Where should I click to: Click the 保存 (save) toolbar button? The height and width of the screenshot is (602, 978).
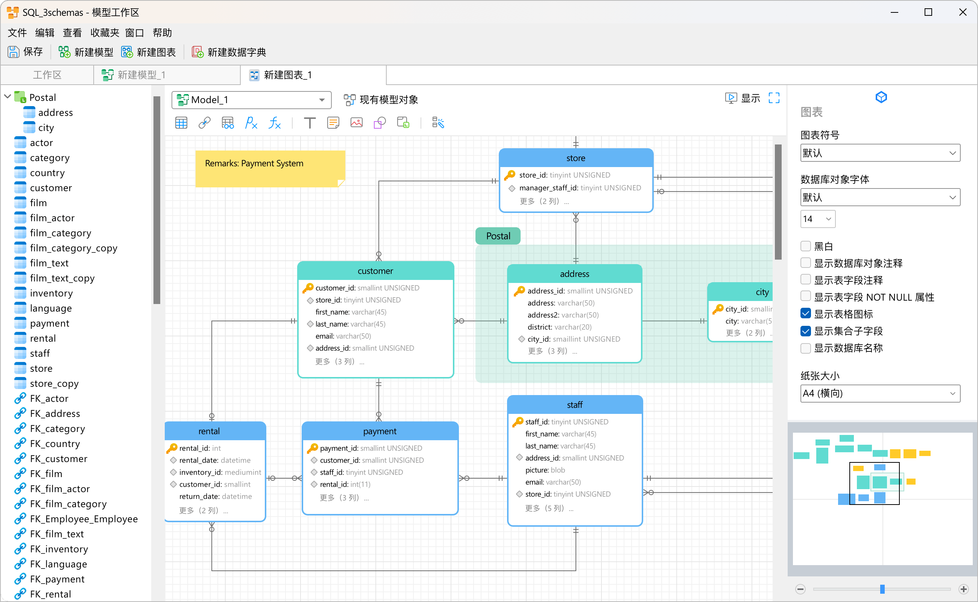[25, 52]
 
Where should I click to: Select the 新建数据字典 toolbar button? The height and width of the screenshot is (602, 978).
[229, 52]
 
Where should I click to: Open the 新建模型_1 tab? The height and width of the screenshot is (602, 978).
[134, 75]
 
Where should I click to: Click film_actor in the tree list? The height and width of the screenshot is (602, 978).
[52, 218]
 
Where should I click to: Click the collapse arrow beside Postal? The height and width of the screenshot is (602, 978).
[8, 97]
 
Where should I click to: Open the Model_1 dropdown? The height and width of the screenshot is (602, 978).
[252, 100]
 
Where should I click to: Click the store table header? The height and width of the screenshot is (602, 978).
[576, 158]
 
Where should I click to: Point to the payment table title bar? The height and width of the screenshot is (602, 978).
[380, 431]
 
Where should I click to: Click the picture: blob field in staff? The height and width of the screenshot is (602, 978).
[545, 470]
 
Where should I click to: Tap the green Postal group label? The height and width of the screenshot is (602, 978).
[498, 236]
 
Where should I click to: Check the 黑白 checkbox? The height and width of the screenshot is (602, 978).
[805, 246]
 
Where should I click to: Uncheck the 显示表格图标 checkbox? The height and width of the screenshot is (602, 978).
[805, 314]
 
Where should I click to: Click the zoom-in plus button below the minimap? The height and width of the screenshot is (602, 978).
[963, 589]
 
